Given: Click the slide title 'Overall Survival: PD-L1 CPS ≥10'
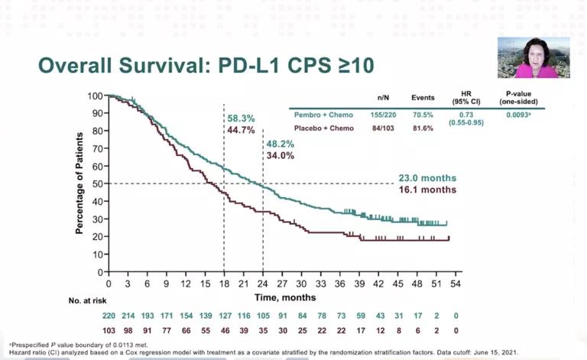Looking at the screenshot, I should coord(206,65).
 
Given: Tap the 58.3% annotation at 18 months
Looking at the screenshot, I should coord(241,119).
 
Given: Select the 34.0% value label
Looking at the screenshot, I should coord(281,157).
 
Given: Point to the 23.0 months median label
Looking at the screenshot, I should coord(427,178).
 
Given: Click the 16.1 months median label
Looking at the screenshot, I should coord(427,190).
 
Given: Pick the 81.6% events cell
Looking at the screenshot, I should coord(423,128).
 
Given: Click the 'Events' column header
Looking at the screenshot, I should coord(423,98).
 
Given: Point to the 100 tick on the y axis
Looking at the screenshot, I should coord(95,96).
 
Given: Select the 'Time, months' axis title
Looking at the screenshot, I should coord(281,296).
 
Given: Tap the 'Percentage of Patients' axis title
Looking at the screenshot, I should coord(79,183).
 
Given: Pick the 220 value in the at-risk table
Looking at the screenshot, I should coord(109,315).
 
